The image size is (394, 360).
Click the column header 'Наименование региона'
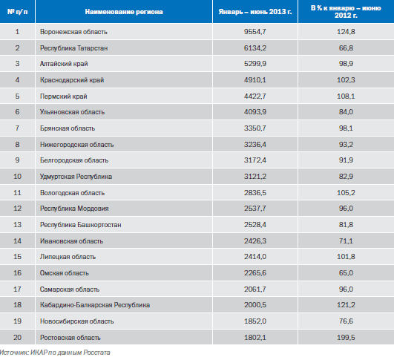(x=124, y=12)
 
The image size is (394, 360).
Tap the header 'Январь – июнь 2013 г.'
(x=255, y=12)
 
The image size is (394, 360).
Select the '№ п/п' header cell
(x=17, y=12)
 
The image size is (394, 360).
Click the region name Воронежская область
(x=73, y=32)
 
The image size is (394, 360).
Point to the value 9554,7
(x=255, y=32)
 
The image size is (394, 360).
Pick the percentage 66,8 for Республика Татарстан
(x=346, y=48)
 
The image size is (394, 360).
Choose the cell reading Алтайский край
(x=64, y=64)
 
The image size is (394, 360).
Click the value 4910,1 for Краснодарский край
(x=255, y=80)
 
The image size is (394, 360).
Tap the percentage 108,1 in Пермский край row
(x=346, y=96)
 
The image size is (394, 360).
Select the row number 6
(x=17, y=112)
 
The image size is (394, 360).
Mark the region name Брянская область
(x=68, y=128)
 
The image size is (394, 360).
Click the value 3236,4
(x=255, y=144)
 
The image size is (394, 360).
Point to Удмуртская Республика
(x=76, y=177)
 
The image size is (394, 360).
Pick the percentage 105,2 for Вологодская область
(x=346, y=192)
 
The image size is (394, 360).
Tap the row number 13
(x=17, y=224)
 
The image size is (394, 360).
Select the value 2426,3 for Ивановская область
(x=255, y=240)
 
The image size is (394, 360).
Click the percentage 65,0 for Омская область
(x=346, y=272)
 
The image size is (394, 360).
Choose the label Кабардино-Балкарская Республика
(x=95, y=305)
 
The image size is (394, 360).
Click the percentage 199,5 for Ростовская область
(x=346, y=337)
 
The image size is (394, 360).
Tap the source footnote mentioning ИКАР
(x=55, y=353)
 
